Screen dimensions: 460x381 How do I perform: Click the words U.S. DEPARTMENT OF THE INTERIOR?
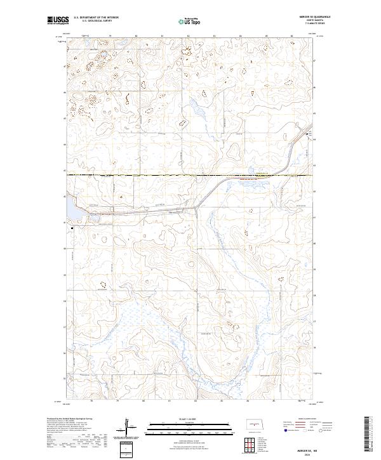pos(96,18)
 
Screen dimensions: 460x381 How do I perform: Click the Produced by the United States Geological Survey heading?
pos(69,419)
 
